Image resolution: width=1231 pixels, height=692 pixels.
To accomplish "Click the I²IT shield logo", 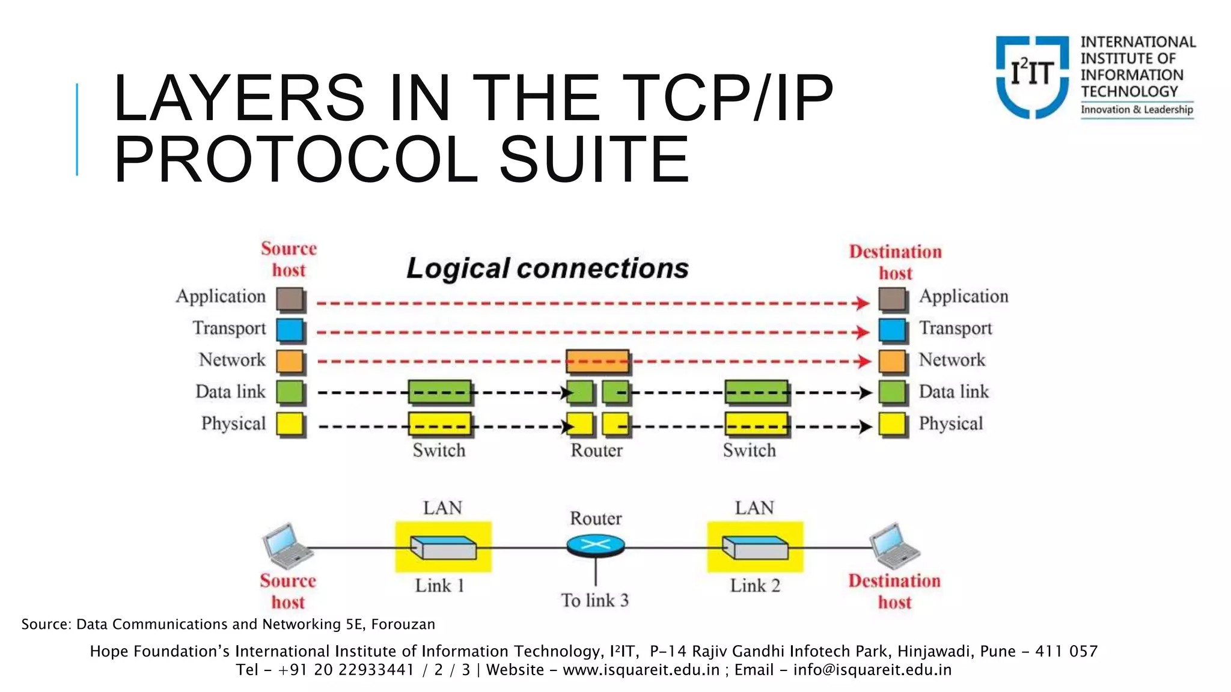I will [1032, 76].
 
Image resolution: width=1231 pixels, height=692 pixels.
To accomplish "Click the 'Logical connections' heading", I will [547, 268].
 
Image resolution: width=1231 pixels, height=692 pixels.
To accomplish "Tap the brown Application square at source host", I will [290, 299].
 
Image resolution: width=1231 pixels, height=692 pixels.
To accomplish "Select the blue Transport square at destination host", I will [892, 330].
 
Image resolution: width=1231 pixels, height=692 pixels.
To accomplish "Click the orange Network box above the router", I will [597, 362].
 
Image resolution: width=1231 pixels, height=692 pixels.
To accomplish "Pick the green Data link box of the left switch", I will [439, 392].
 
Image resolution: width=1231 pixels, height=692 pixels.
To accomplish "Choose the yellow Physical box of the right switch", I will [756, 424].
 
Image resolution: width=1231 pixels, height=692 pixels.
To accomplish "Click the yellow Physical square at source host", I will [290, 424].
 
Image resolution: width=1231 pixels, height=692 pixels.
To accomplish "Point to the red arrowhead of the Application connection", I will [863, 303].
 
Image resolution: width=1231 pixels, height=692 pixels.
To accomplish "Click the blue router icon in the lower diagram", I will [596, 545].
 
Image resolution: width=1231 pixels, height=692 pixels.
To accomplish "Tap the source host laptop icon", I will [286, 545].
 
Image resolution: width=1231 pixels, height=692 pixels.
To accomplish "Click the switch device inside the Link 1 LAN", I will [444, 548].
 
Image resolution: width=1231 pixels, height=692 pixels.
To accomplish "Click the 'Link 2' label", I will [755, 586].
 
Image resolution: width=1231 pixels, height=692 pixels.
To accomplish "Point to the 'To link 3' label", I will [595, 600].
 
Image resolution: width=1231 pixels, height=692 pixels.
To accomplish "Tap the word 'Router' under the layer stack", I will [596, 451].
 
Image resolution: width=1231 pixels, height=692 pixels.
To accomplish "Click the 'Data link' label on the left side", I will [230, 392].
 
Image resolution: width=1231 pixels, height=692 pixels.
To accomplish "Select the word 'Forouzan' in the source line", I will [403, 625].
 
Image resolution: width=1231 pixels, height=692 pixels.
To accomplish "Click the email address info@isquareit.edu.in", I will [872, 670].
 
